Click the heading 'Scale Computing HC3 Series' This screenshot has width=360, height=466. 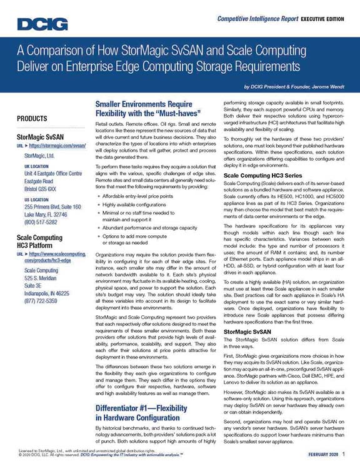tap(262, 158)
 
